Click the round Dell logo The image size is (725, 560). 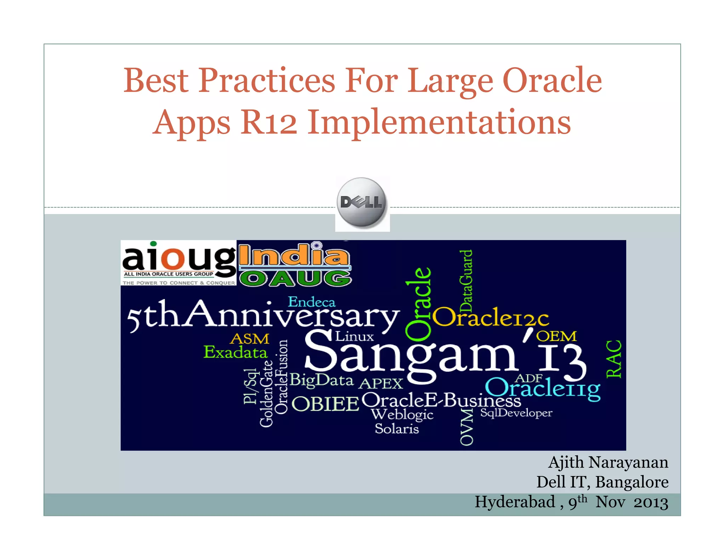pyautogui.click(x=362, y=202)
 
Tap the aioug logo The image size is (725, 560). pyautogui.click(x=178, y=263)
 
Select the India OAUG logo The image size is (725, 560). pyautogui.click(x=295, y=264)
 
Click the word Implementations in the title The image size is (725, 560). pyautogui.click(x=439, y=122)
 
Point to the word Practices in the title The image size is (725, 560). pyautogui.click(x=266, y=81)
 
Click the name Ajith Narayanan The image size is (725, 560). pyautogui.click(x=608, y=462)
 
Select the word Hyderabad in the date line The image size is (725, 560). pyautogui.click(x=515, y=502)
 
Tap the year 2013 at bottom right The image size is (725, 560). pyautogui.click(x=651, y=503)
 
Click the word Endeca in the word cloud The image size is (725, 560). pyautogui.click(x=312, y=302)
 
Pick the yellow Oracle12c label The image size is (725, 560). pyautogui.click(x=490, y=317)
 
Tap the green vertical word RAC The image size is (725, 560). pyautogui.click(x=613, y=359)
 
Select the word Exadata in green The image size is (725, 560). pyautogui.click(x=235, y=353)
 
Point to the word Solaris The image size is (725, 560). pyautogui.click(x=396, y=429)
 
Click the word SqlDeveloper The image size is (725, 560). pyautogui.click(x=516, y=413)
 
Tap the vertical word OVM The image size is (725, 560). pyautogui.click(x=466, y=427)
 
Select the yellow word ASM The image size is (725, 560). pyautogui.click(x=250, y=339)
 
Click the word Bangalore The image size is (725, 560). pyautogui.click(x=632, y=482)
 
